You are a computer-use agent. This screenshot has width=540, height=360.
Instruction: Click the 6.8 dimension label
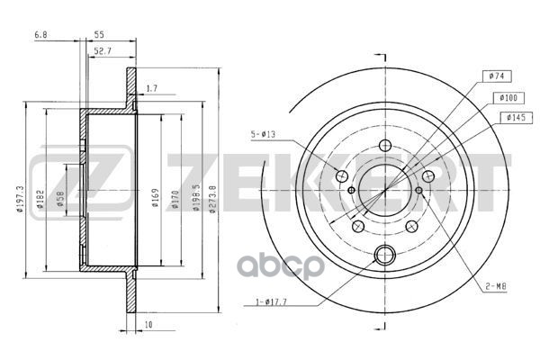tap(40, 34)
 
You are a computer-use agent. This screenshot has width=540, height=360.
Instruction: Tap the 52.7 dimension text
tap(103, 52)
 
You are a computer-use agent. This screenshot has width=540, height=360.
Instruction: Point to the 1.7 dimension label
tap(151, 88)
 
